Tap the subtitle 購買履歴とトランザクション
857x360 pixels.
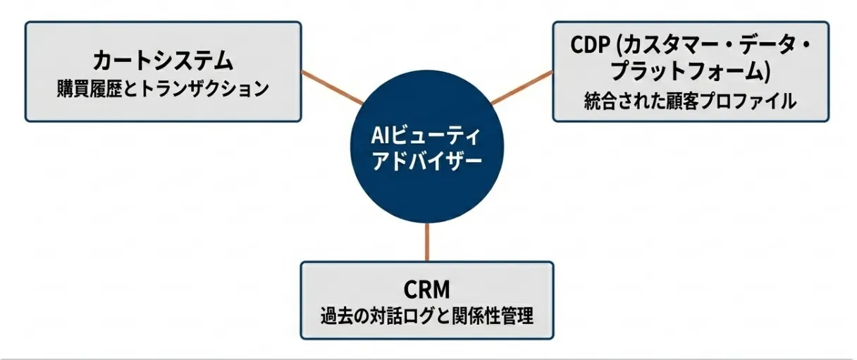click(x=163, y=89)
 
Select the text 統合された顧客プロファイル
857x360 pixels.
click(x=690, y=101)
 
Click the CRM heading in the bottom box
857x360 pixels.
click(x=427, y=289)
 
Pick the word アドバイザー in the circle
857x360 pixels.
click(x=426, y=161)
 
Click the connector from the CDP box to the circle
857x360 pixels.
click(x=521, y=87)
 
